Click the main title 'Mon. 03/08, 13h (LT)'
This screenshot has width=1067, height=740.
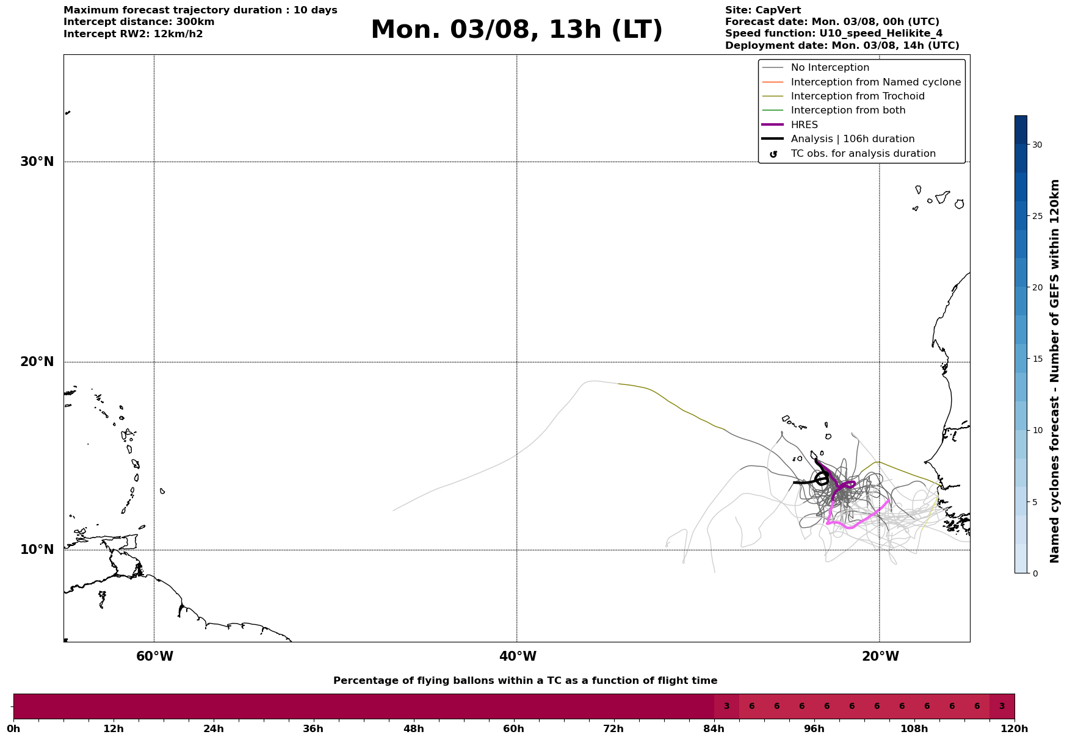(x=516, y=30)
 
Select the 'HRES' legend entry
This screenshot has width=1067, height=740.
(x=805, y=125)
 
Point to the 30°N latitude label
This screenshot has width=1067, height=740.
(x=37, y=162)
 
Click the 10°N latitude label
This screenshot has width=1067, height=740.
(x=37, y=550)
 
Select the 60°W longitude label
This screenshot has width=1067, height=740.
(x=154, y=656)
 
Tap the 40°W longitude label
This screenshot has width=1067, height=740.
(x=518, y=656)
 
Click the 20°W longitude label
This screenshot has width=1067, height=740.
(x=880, y=656)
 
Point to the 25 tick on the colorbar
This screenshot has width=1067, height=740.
(x=1037, y=216)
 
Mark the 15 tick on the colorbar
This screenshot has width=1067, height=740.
(x=1037, y=359)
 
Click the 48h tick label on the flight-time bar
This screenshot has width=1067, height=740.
(x=414, y=728)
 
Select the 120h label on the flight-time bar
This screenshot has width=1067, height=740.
(x=1015, y=728)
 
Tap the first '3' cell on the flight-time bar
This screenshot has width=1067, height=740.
(x=726, y=706)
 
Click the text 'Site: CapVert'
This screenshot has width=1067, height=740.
(x=763, y=10)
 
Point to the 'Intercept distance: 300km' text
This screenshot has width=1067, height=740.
(x=139, y=22)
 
